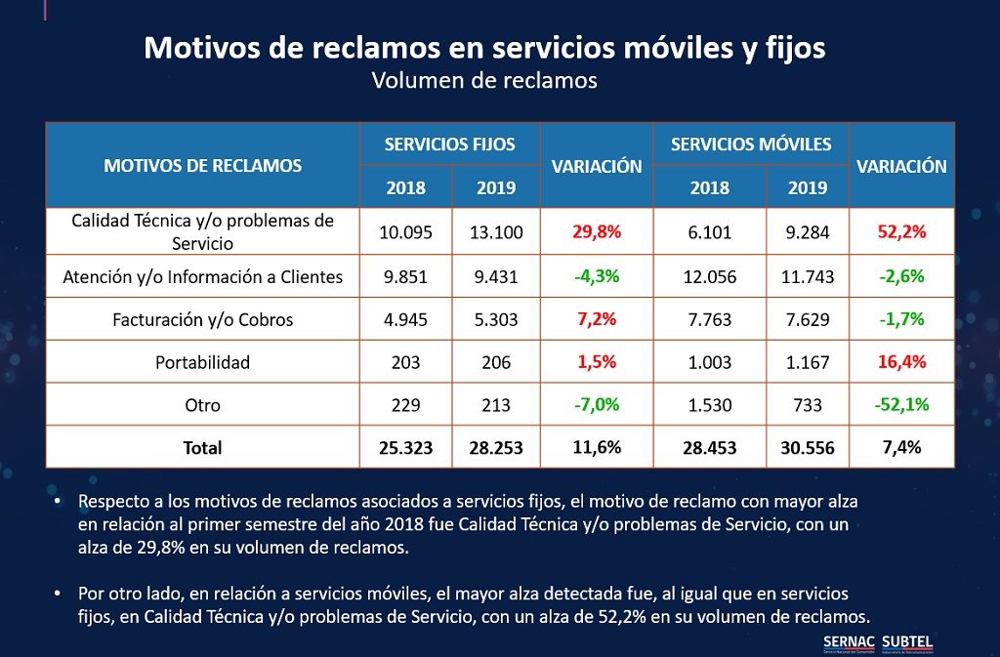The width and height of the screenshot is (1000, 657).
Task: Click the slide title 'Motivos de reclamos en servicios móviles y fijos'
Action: [484, 48]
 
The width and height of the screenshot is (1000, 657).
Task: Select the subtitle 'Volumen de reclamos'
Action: [484, 80]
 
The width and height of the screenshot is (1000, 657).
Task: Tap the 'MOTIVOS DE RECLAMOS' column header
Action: [203, 165]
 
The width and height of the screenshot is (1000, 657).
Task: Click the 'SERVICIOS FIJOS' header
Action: [449, 144]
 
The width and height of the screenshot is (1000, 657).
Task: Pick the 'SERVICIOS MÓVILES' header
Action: [751, 144]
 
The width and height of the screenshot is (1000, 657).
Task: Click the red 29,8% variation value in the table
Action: [596, 232]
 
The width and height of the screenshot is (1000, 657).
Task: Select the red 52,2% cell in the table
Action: [901, 232]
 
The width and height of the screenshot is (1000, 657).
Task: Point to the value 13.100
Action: [495, 232]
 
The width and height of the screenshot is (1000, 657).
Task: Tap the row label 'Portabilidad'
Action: [203, 362]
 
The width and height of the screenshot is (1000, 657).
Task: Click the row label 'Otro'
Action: [203, 405]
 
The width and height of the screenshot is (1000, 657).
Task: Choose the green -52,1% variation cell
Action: [901, 405]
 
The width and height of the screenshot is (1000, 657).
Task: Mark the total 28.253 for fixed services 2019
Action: [495, 448]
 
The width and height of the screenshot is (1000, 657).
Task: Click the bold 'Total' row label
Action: [203, 448]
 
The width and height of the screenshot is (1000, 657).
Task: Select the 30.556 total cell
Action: [807, 448]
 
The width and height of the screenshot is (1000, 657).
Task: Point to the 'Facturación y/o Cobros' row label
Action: [203, 319]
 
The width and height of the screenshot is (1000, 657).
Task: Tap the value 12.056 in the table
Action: [710, 277]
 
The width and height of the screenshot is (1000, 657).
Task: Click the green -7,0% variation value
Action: [596, 405]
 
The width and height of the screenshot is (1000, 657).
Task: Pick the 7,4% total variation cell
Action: [901, 448]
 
